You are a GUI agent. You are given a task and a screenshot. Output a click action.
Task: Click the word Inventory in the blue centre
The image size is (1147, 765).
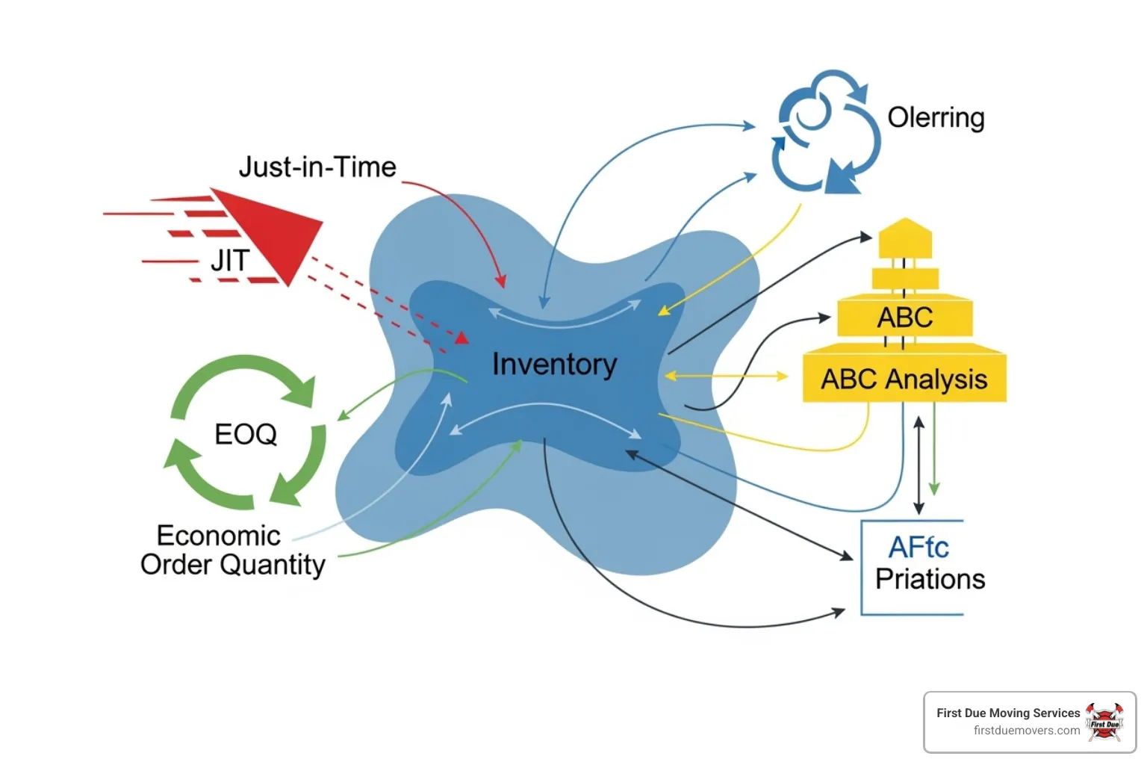pos(555,365)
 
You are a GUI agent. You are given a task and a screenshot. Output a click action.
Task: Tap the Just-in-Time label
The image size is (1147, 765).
pos(317,167)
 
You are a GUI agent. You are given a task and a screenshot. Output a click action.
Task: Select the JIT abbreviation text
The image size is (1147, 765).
pos(231,260)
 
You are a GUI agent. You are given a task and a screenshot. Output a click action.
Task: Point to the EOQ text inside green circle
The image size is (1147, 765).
pos(246,434)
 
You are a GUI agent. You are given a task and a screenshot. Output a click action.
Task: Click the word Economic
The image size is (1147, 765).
pos(219,536)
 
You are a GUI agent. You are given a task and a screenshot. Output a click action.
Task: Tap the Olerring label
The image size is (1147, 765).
pos(936,118)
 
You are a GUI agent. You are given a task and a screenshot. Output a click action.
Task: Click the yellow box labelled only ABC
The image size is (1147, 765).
pos(905,315)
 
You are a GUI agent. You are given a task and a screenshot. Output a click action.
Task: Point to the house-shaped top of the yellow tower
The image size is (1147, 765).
pos(905,238)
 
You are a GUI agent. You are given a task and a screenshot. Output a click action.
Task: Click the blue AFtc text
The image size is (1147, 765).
pos(918,548)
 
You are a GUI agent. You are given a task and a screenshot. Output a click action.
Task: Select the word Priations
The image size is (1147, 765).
pos(930,579)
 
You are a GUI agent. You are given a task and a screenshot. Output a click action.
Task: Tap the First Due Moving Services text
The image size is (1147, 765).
pos(1008,713)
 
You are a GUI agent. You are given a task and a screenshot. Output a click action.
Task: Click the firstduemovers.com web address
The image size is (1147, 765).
pos(1027,731)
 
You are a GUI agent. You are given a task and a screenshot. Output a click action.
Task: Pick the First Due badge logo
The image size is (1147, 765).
pos(1104,722)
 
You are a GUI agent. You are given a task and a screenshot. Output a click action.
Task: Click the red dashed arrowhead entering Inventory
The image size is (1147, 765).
pos(462,338)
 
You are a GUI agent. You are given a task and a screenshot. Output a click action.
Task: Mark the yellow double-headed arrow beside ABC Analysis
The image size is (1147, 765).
pos(727,376)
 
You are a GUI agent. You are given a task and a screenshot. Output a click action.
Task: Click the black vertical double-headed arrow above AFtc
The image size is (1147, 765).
pos(919,465)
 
